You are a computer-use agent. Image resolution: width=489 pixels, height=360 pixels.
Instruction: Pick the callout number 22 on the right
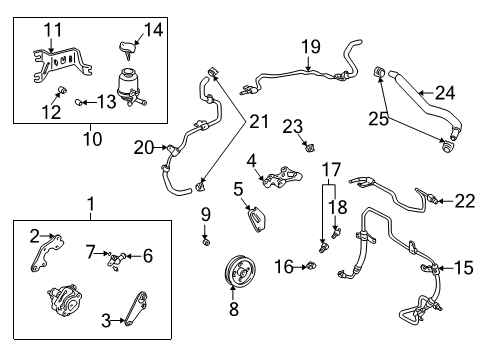(462, 200)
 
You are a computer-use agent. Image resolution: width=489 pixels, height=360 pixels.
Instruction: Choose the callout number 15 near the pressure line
(462, 267)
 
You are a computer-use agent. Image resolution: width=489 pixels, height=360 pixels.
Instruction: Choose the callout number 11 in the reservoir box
(52, 29)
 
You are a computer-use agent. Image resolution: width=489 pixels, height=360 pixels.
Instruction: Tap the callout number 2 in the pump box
(36, 236)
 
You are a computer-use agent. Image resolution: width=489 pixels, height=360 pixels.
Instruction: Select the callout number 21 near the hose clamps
(260, 121)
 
